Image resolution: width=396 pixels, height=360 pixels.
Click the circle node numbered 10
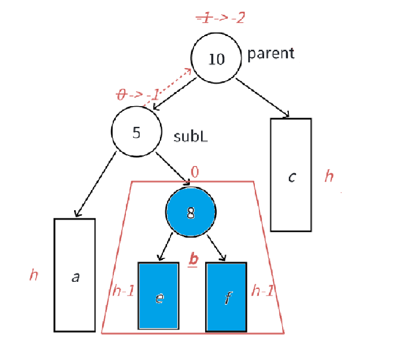(215, 59)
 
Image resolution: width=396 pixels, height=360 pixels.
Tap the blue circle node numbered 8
(191, 213)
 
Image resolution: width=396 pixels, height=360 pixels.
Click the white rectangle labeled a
(75, 275)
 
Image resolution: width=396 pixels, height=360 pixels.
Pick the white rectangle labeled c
(291, 175)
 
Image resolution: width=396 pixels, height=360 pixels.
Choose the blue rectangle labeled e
(158, 296)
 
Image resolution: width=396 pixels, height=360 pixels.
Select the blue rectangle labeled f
(226, 296)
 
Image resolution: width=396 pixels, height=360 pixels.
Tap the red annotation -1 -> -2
(221, 18)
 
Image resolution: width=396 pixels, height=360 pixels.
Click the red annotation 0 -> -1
(138, 94)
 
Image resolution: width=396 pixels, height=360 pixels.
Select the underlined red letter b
(193, 259)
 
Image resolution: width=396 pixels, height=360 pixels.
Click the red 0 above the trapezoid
(194, 172)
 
